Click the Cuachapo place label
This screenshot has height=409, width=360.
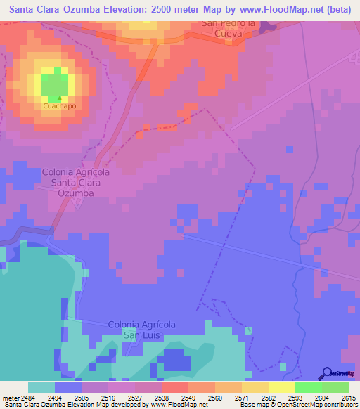click(59, 107)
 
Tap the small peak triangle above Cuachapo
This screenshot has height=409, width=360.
click(59, 98)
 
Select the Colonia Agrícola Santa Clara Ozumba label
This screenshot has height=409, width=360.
click(77, 181)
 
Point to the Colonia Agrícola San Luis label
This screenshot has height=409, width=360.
click(141, 330)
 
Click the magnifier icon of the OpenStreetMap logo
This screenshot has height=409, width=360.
click(327, 373)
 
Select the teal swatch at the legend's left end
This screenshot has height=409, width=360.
click(41, 387)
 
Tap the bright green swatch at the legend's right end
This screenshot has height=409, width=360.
click(335, 387)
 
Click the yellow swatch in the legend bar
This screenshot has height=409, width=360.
click(281, 387)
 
